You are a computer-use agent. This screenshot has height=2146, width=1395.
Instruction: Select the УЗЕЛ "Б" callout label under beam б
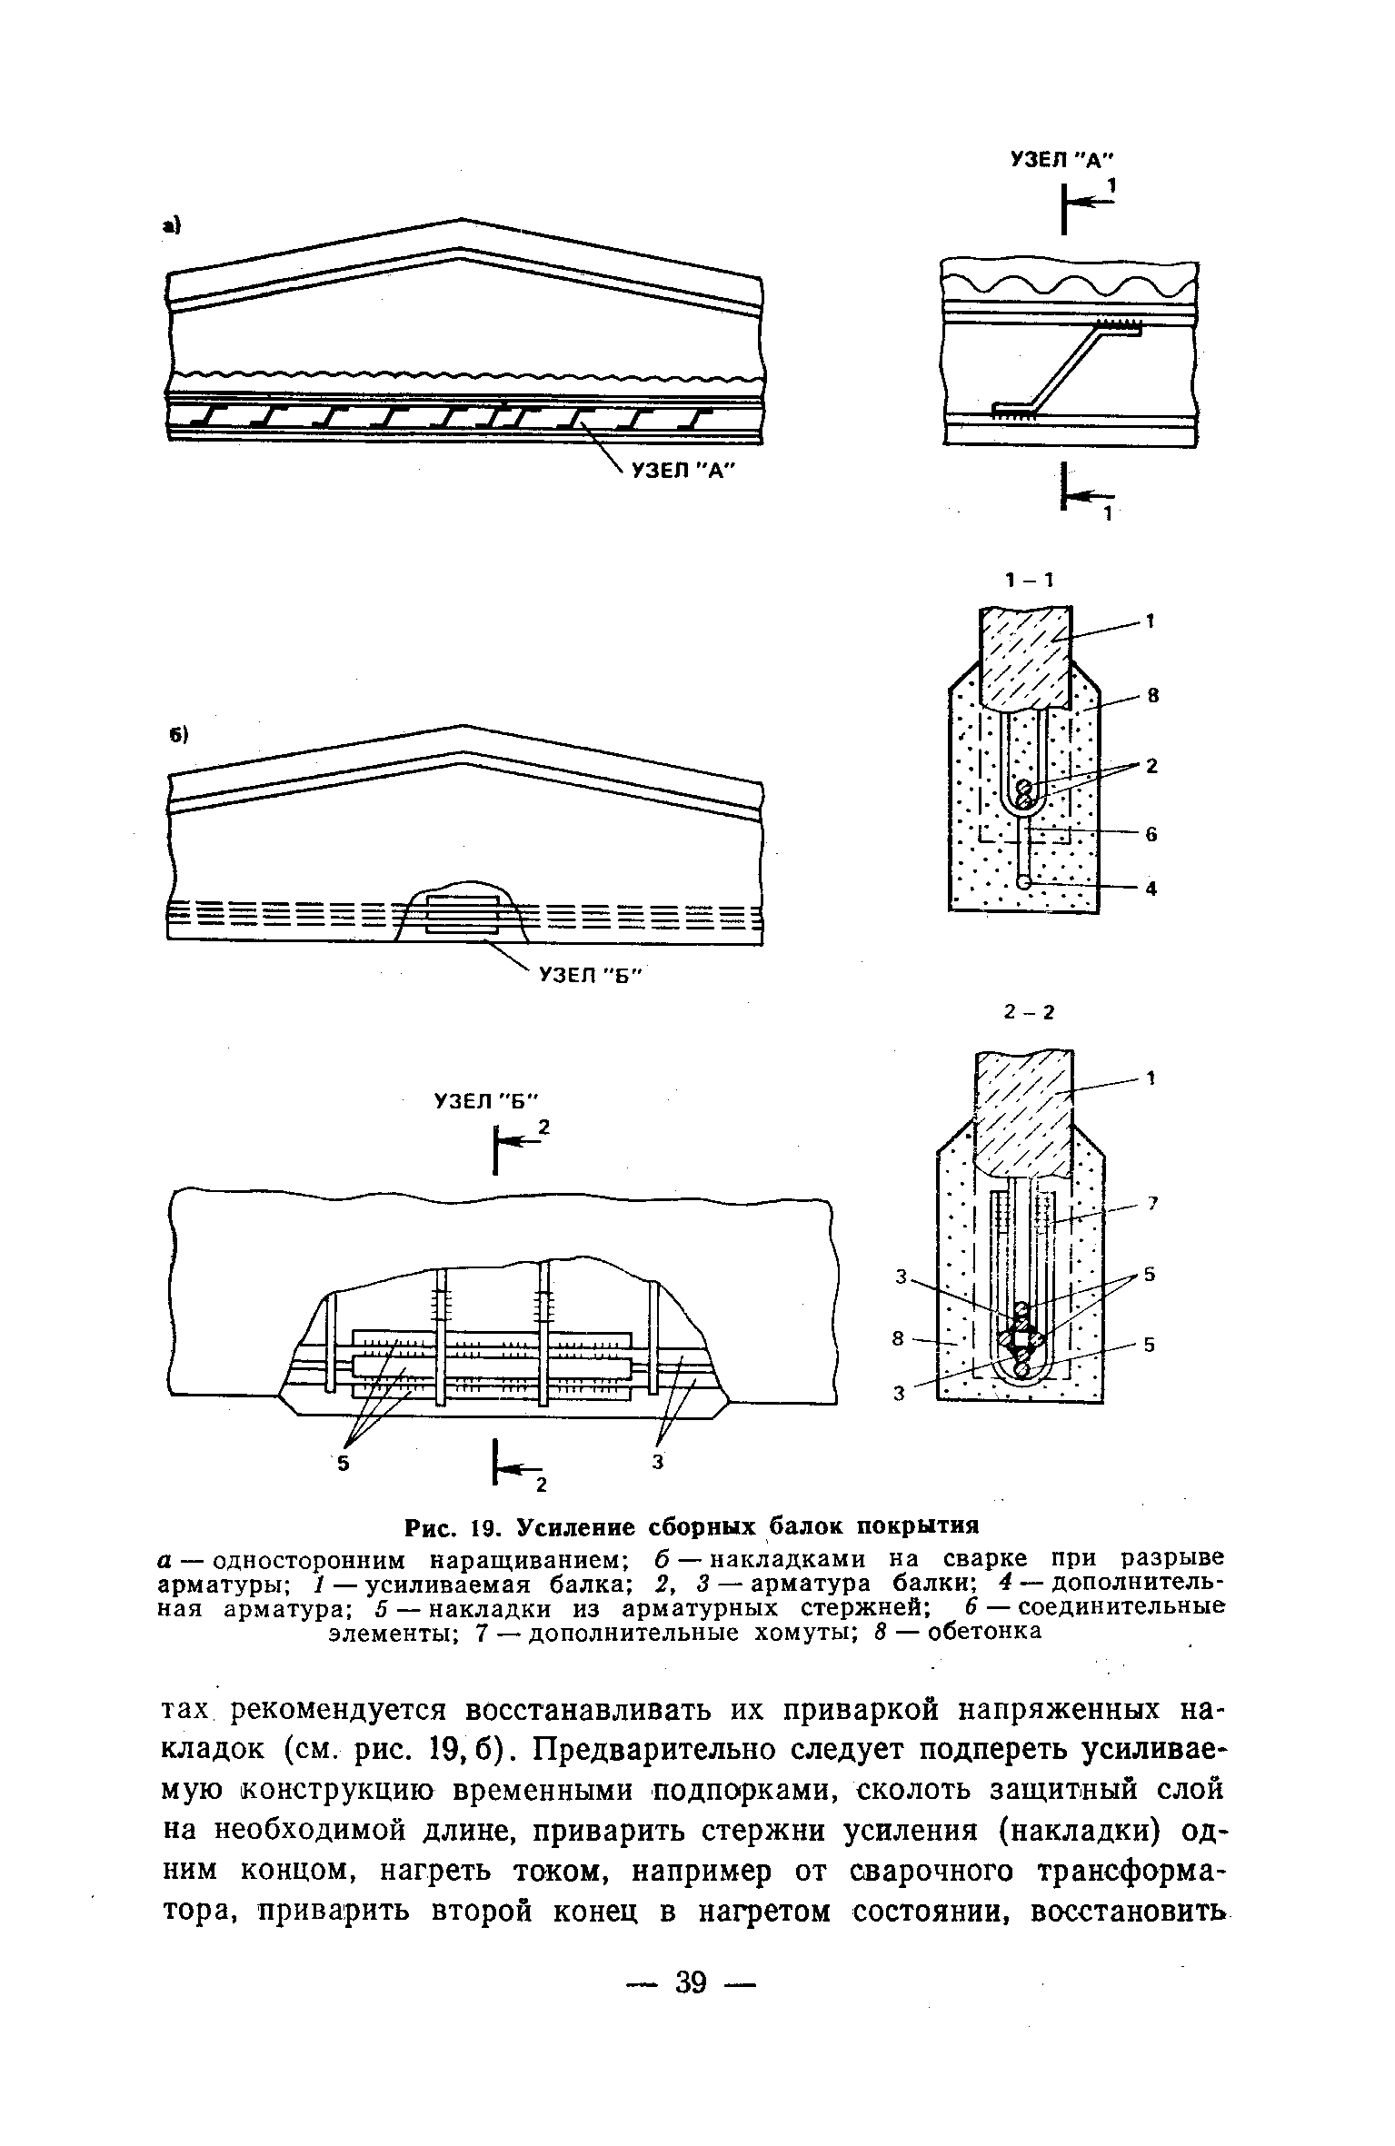pyautogui.click(x=590, y=976)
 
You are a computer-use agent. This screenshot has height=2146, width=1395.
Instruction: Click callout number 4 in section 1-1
pyautogui.click(x=1151, y=889)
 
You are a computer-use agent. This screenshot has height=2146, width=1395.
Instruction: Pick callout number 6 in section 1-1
pyautogui.click(x=1151, y=834)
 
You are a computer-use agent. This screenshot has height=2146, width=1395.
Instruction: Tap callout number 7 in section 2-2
pyautogui.click(x=1151, y=1203)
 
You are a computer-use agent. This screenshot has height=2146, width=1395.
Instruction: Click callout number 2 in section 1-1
pyautogui.click(x=1151, y=766)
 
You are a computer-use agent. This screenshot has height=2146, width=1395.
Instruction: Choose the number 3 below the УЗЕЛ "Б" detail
pyautogui.click(x=658, y=1462)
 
